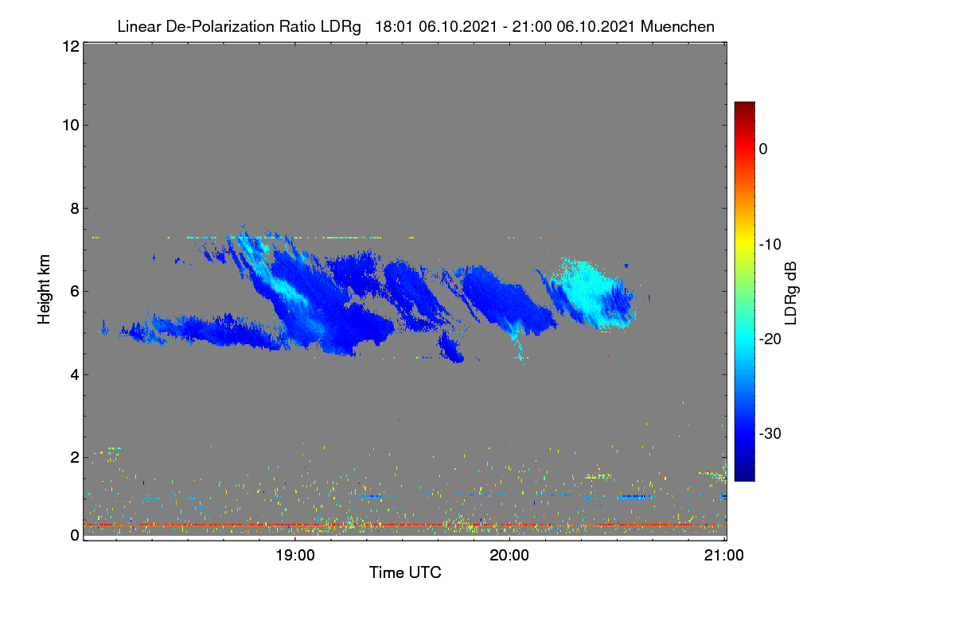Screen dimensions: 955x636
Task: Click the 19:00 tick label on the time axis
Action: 295,556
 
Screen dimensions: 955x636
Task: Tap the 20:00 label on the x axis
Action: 509,556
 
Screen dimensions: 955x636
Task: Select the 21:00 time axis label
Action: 724,556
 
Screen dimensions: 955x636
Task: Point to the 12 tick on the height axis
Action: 71,46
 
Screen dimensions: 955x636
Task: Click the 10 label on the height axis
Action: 71,126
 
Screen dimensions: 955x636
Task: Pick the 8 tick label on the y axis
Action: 75,208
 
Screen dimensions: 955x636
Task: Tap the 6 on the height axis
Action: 75,292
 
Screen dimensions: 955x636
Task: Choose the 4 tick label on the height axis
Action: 75,375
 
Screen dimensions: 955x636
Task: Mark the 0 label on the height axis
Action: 75,536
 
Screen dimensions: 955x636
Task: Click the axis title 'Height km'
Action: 44,289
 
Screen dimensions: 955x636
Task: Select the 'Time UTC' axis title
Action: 405,572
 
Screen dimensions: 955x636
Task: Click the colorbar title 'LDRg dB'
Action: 790,293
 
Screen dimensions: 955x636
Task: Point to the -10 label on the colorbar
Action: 770,245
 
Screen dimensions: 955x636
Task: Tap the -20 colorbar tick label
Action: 770,339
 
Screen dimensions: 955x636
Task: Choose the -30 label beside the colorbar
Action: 770,433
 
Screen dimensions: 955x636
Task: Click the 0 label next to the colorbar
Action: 763,149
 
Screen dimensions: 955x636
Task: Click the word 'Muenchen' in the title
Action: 677,27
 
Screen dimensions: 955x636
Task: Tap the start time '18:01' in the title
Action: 394,27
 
